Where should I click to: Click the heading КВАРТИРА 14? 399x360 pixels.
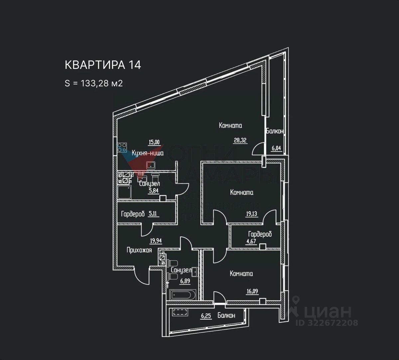pos(103,65)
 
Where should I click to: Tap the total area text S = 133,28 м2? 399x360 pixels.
pos(94,83)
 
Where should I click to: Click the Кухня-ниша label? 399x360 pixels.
pos(147,153)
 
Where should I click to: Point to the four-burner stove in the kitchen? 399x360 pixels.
pos(122,147)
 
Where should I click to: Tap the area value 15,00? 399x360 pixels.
pos(154,142)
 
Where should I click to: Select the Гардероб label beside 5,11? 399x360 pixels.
pos(133,214)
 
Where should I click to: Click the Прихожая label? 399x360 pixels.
pos(139,250)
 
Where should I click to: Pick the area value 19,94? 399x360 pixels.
pos(156,241)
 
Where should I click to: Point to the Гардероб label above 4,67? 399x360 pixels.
pos(260,234)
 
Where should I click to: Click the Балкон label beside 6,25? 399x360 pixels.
pos(226,315)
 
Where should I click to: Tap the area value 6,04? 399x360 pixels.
pos(276,149)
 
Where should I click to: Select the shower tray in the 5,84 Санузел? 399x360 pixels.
pos(124,192)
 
